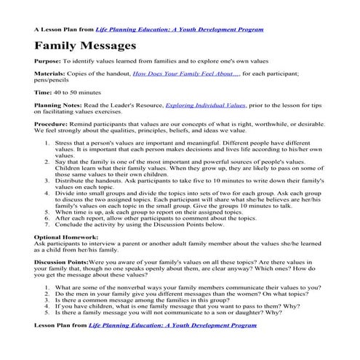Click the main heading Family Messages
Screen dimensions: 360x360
point(85,47)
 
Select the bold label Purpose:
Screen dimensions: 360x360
point(47,61)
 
